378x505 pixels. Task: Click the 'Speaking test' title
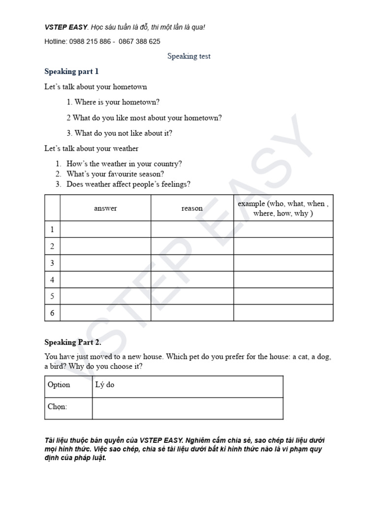click(189, 56)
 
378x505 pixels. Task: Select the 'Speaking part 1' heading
click(71, 72)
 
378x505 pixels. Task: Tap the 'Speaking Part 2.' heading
click(73, 342)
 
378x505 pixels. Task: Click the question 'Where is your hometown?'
click(113, 102)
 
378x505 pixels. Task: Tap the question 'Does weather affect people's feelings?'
click(128, 184)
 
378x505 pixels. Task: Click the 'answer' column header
click(105, 208)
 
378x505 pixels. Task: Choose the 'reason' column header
click(192, 208)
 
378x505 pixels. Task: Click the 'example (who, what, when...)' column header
click(283, 208)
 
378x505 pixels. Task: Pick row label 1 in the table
click(52, 229)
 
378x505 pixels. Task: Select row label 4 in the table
click(52, 280)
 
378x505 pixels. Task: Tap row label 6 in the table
click(52, 313)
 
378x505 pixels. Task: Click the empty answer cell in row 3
click(105, 263)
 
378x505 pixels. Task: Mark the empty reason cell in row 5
click(192, 296)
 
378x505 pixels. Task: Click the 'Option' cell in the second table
click(59, 385)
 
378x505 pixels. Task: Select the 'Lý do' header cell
click(104, 385)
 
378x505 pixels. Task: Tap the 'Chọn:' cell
click(58, 407)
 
